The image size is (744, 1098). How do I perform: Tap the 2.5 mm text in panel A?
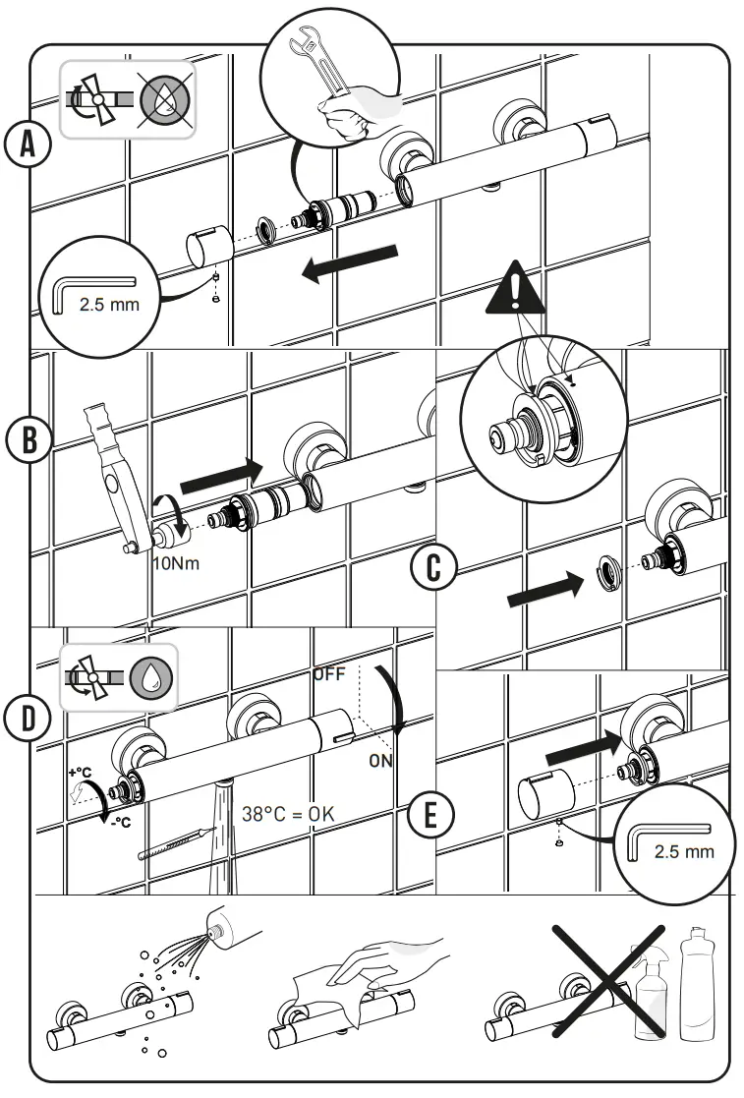(x=109, y=304)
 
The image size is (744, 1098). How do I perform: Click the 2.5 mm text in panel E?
(x=684, y=850)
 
